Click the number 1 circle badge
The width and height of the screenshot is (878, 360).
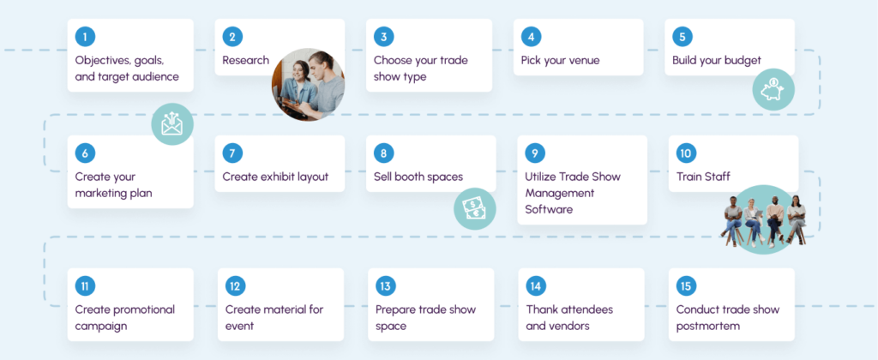point(85,37)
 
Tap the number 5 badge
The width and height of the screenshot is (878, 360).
point(682,37)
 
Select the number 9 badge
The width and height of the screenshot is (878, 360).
point(535,153)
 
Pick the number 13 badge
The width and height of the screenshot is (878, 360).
point(385,286)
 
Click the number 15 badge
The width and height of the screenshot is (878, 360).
point(686,286)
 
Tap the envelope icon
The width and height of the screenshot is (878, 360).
point(172,123)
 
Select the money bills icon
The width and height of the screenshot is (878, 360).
point(475,209)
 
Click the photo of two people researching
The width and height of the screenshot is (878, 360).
point(308,85)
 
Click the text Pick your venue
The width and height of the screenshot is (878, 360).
point(560,61)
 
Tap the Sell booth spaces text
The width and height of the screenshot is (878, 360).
point(418,177)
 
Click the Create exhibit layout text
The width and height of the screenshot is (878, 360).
point(275,177)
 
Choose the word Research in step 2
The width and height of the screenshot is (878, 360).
point(246,61)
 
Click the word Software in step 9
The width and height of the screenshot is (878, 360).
point(549,210)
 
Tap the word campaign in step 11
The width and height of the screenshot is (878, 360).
point(101,327)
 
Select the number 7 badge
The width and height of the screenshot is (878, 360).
point(232,153)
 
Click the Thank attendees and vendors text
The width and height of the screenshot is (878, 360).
point(569,317)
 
